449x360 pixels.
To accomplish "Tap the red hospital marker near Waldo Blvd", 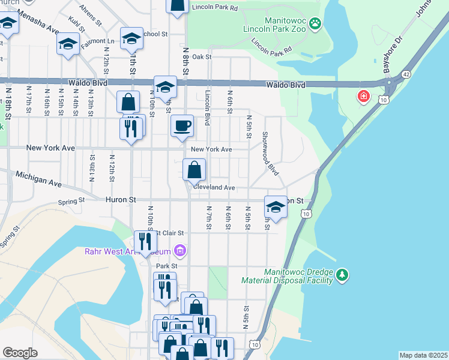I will click(364, 96).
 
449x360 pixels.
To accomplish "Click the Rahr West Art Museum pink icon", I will click(179, 250).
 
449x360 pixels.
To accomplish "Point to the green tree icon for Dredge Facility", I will click(342, 275).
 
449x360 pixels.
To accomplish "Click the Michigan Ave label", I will click(39, 178).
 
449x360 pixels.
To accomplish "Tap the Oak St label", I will click(202, 57).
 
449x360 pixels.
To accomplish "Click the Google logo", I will click(20, 352).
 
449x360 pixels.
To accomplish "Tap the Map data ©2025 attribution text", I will click(423, 355).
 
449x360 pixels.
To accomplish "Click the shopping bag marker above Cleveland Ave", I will click(194, 170).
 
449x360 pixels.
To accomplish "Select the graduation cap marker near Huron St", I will click(276, 208).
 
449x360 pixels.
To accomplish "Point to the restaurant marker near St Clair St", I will click(145, 241).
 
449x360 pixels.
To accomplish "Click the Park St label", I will click(167, 265).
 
